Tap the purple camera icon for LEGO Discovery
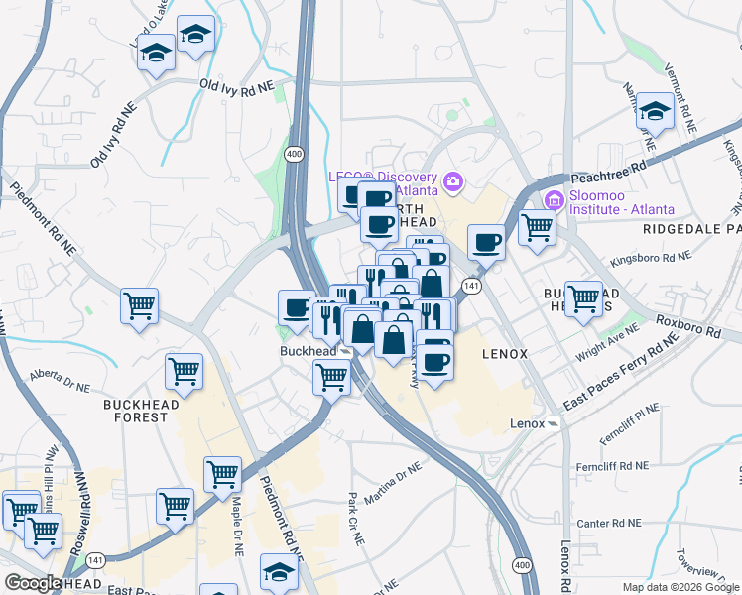tap(453, 180)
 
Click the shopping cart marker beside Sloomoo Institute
tap(537, 227)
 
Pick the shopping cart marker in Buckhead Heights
tap(582, 296)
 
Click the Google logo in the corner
tap(33, 583)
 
